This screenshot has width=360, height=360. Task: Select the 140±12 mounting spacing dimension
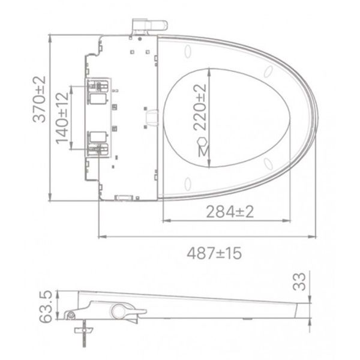coord(62,118)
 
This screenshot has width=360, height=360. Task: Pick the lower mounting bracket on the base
coord(97,141)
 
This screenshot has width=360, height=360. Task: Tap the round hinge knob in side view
coord(118,310)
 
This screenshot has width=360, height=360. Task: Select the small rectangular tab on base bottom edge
coord(125,197)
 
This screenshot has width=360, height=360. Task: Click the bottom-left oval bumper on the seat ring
coord(188,181)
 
